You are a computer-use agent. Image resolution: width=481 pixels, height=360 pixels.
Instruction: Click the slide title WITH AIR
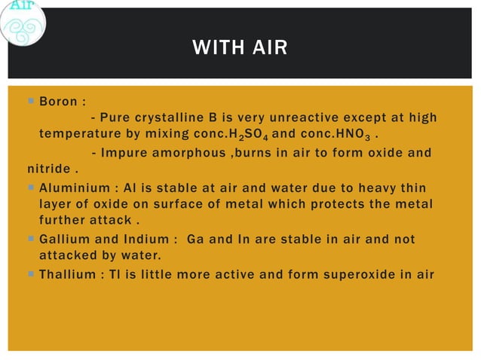tap(240, 50)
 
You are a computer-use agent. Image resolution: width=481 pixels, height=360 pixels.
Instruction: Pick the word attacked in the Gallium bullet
tap(70, 256)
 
